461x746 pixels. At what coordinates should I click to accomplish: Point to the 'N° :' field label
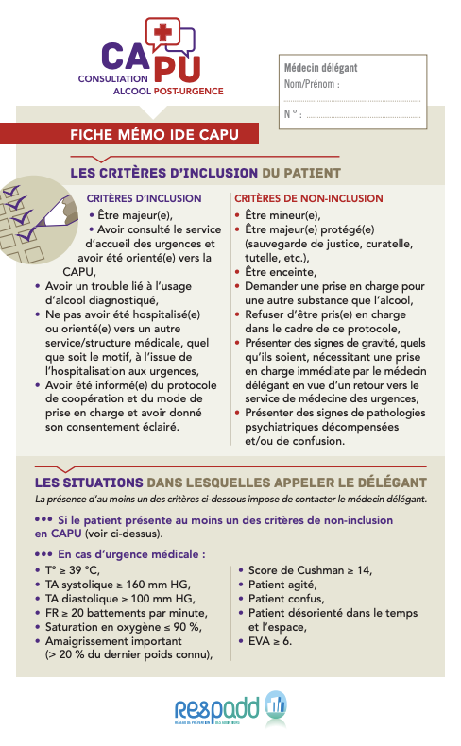tap(292, 114)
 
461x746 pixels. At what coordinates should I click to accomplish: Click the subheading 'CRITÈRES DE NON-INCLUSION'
tap(308, 199)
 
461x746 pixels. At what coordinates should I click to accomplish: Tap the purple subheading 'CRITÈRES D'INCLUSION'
tap(144, 199)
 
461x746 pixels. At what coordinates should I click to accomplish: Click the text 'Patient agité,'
tap(283, 585)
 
